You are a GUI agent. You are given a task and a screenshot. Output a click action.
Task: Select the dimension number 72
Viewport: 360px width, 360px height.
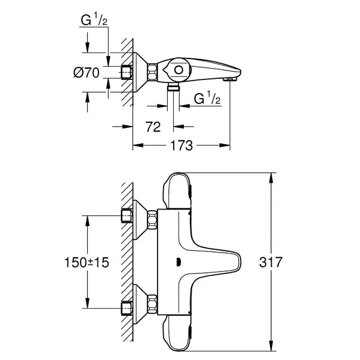coord(153,127)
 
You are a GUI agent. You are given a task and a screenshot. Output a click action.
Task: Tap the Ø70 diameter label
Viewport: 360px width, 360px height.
coord(86,75)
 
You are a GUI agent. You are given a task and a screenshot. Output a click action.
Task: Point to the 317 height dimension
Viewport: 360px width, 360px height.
coord(293,262)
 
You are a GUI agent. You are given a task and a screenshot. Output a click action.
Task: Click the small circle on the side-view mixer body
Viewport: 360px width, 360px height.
coord(178,71)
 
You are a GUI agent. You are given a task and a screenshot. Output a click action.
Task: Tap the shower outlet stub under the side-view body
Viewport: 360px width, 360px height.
coord(174,87)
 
